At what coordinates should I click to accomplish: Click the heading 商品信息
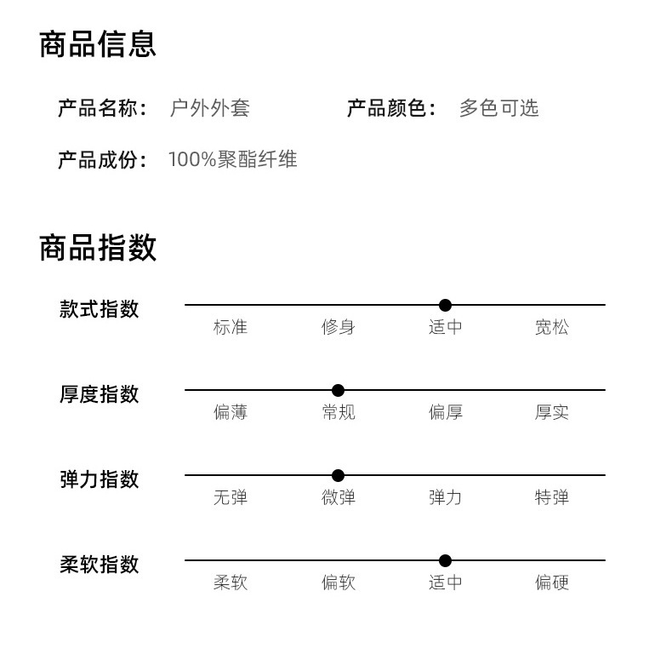pos(98,44)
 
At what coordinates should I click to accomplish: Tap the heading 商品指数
pos(98,248)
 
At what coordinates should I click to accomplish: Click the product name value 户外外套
pos(209,108)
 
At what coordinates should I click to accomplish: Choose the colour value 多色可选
pos(498,108)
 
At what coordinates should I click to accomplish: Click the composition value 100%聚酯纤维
pos(232,159)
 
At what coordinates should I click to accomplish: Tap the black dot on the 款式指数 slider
pos(445,305)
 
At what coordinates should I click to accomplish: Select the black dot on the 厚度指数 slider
pos(338,390)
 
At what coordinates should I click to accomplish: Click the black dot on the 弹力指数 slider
pos(338,475)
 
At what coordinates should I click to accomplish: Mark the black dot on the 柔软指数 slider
pos(445,560)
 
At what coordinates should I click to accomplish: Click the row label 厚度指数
pos(99,394)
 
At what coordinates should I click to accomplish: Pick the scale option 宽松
pos(552,327)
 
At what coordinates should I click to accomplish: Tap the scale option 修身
pos(338,327)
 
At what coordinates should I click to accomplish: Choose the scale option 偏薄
pos(231,412)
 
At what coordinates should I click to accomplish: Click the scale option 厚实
pos(552,412)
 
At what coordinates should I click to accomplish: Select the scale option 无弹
pos(231,497)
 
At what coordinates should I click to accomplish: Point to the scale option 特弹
pos(552,497)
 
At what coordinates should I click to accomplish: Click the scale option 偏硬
pos(552,582)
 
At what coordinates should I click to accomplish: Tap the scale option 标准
pos(231,327)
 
